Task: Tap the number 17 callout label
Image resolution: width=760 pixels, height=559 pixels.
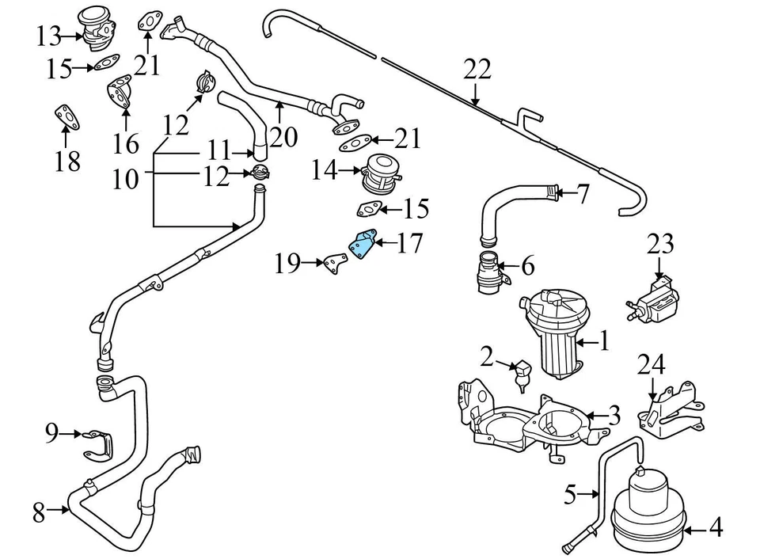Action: click(x=409, y=243)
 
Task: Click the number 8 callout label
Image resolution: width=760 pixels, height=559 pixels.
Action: click(x=39, y=513)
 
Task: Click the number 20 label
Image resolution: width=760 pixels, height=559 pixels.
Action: click(x=283, y=137)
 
